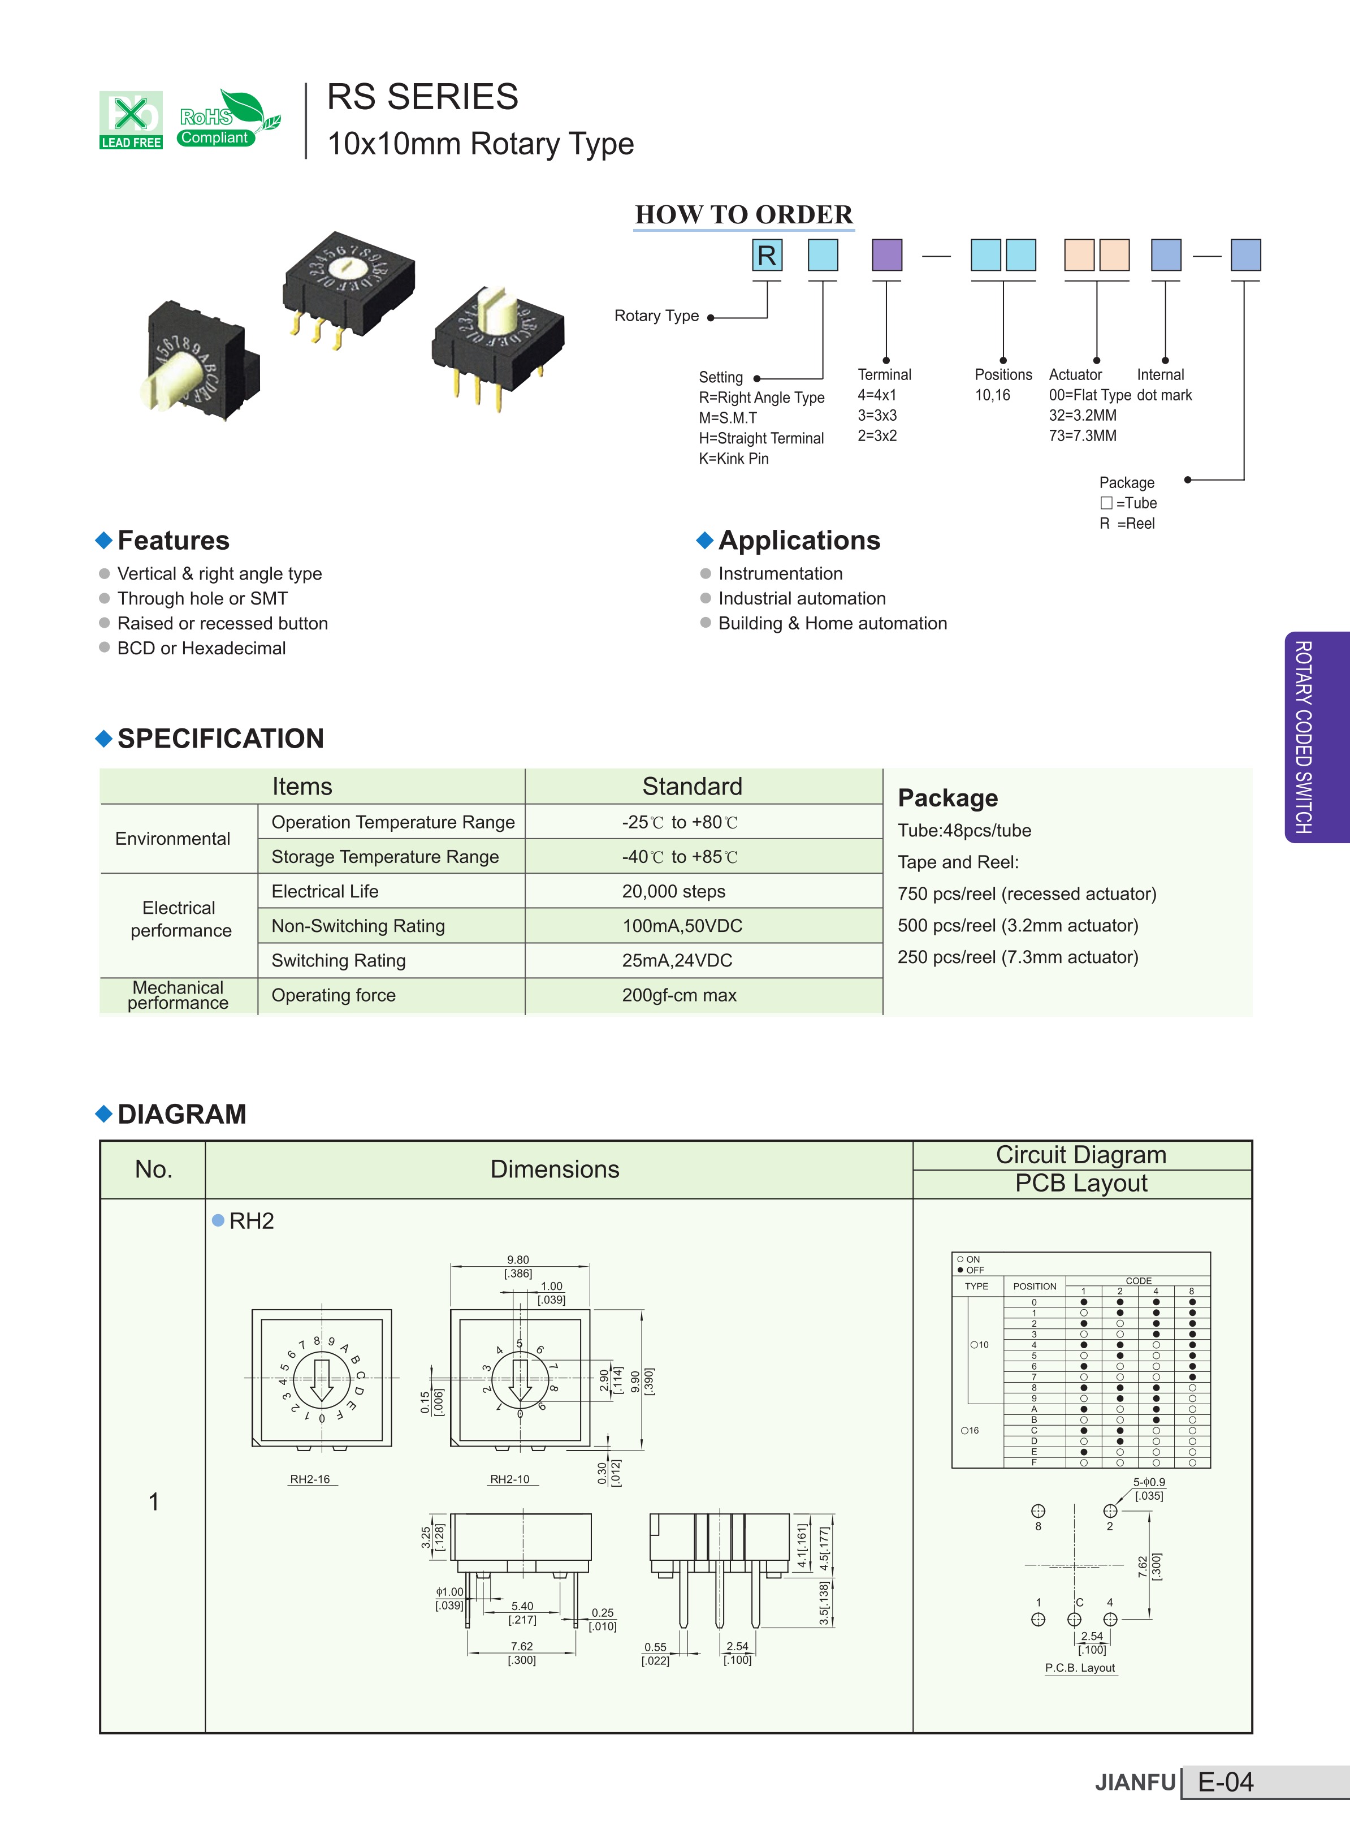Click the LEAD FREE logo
(131, 120)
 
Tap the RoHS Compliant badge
(228, 119)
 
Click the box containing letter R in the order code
(767, 255)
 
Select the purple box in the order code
(886, 255)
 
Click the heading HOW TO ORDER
(743, 214)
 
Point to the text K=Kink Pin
(733, 459)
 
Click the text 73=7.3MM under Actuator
(1082, 435)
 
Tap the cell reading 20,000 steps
(673, 891)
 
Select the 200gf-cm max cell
(679, 995)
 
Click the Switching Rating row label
(338, 960)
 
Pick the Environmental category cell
(172, 839)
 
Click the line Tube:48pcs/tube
(964, 830)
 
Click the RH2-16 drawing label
(310, 1479)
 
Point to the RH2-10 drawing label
(510, 1479)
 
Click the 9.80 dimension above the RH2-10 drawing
(517, 1259)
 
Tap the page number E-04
(1225, 1782)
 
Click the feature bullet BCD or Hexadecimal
(201, 648)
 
